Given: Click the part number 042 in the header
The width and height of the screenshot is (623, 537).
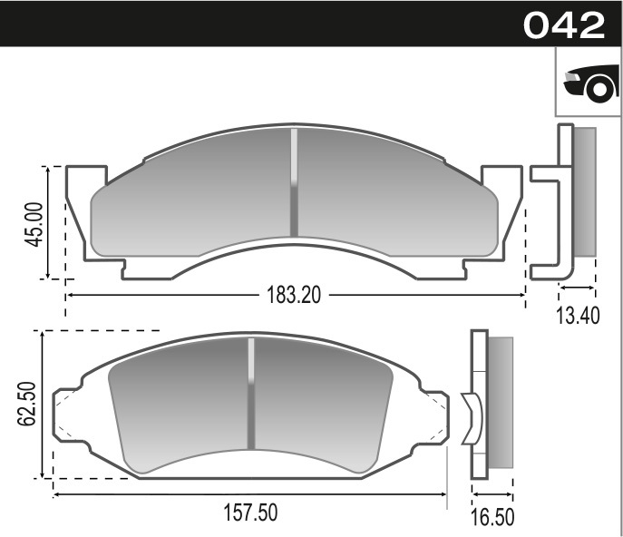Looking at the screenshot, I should click(x=563, y=24).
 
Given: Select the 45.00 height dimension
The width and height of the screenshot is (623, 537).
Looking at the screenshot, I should click(x=34, y=223).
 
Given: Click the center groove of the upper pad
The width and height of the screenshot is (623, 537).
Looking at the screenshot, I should click(x=293, y=182).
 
